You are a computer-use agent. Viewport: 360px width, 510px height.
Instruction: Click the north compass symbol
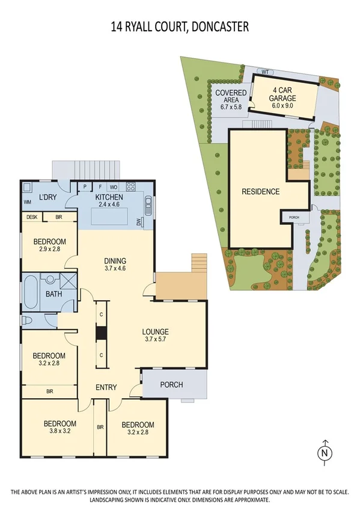[x=324, y=451]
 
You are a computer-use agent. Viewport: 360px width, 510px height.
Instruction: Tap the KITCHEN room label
[x=109, y=197]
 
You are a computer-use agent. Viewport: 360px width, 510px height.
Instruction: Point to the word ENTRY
[x=106, y=387]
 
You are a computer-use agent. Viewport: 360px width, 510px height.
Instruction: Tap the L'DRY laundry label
[x=47, y=198]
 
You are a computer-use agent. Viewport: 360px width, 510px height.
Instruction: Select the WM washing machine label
[x=27, y=203]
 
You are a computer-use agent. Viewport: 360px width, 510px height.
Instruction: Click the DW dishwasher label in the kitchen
[x=141, y=223]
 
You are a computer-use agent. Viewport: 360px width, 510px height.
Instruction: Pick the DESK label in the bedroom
[x=31, y=217]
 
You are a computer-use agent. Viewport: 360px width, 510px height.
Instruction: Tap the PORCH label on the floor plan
[x=171, y=385]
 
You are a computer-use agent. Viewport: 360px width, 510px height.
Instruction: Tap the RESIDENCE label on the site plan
[x=260, y=192]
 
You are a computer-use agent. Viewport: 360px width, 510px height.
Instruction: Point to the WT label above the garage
[x=264, y=72]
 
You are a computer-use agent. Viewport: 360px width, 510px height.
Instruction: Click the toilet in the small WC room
[x=28, y=321]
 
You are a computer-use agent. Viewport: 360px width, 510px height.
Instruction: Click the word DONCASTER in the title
[x=218, y=26]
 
